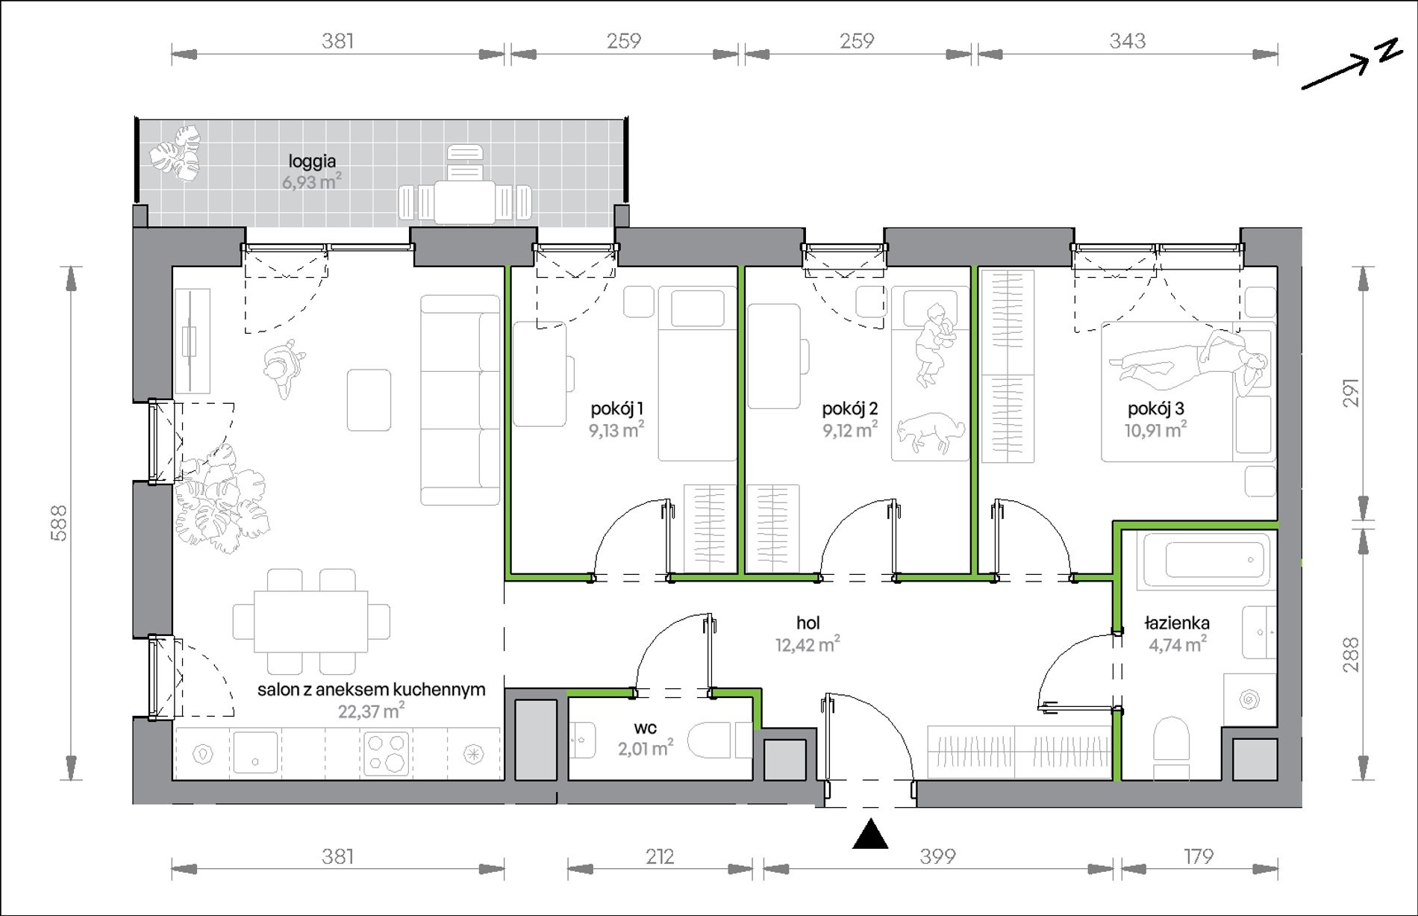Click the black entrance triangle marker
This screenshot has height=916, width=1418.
pos(870,835)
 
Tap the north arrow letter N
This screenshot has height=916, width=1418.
pos(1389,50)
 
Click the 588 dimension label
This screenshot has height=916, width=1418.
pos(59,523)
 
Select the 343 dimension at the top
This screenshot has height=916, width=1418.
pos(1127,40)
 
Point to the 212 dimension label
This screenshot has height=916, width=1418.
pos(660,856)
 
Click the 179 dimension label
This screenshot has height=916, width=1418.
pos(1199,856)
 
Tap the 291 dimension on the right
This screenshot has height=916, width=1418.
pos(1352,393)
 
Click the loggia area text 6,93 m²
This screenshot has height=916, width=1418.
pos(312,181)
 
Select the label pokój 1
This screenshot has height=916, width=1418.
pos(616,408)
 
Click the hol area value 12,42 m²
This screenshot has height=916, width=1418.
pos(808,644)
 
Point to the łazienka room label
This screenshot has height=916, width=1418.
pos(1177,623)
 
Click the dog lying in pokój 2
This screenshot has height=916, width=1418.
pos(930,432)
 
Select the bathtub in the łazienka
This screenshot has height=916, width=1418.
pos(1206,559)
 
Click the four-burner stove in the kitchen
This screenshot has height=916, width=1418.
pos(386,753)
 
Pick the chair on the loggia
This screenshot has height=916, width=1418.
pos(465,162)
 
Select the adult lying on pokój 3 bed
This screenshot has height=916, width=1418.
pos(1190,362)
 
